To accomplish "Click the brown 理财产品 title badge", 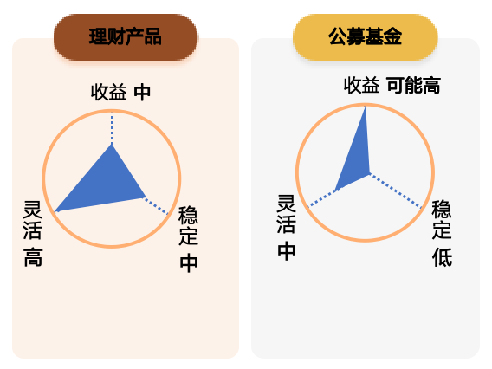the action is [x=126, y=37].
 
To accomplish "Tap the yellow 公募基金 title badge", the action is [x=365, y=37].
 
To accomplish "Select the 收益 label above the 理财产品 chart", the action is [x=109, y=92].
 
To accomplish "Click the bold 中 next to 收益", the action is [x=142, y=93].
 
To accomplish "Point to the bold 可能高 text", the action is [x=413, y=86].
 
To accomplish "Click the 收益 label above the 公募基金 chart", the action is [x=362, y=85].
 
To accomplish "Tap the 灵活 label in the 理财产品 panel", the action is [x=33, y=221].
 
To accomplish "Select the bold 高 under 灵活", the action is [x=33, y=257].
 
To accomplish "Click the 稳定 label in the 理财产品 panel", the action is [x=188, y=225].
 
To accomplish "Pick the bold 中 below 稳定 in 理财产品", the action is [x=189, y=264].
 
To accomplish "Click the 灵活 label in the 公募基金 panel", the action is [x=286, y=214].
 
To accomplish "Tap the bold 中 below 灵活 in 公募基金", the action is [x=287, y=251].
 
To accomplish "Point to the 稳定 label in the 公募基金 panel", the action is [x=442, y=220].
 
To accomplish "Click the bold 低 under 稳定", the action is [x=443, y=257].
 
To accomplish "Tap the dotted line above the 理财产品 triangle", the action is [x=112, y=128].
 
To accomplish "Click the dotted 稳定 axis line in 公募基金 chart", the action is [x=396, y=191].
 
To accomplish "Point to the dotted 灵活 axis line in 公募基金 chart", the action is [x=322, y=198].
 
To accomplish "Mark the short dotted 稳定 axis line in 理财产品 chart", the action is [x=157, y=206].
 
